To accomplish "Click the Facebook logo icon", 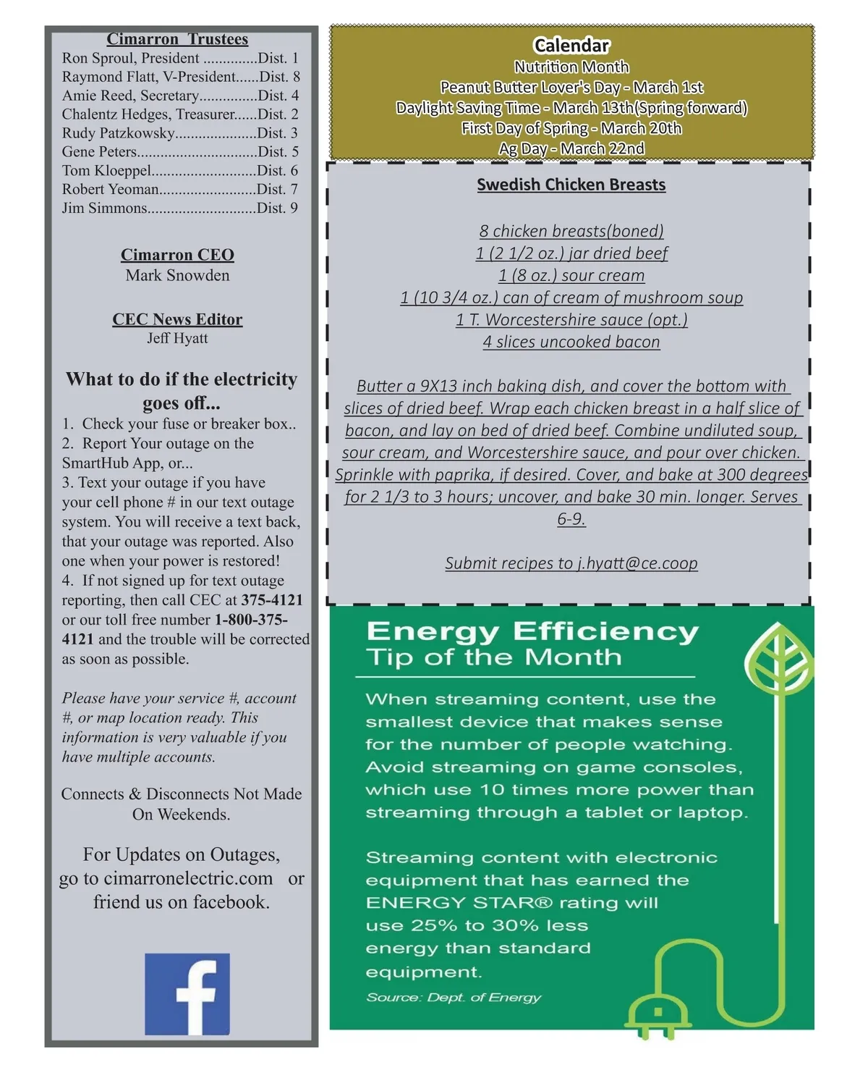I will coord(187,994).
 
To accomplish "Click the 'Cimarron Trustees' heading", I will coord(177,39).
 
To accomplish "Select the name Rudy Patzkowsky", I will coord(119,133).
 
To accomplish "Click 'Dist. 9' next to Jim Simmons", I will coord(278,209).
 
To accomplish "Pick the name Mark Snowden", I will coord(177,276).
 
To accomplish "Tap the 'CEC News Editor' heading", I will coord(177,319).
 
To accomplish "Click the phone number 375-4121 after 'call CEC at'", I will coord(272,600).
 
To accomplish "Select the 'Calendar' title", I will coord(571,46).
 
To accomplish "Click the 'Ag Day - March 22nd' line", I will coord(571,148).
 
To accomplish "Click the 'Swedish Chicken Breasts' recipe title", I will coord(571,185).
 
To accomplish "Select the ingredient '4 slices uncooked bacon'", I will coord(571,342).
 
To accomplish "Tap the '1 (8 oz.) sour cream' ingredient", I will coord(571,276).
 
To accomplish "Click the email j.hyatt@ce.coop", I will coord(637,563).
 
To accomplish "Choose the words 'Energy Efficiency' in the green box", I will coord(532,631).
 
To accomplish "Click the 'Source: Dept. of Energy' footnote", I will coord(454,998).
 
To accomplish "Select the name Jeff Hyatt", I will coord(177,338).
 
